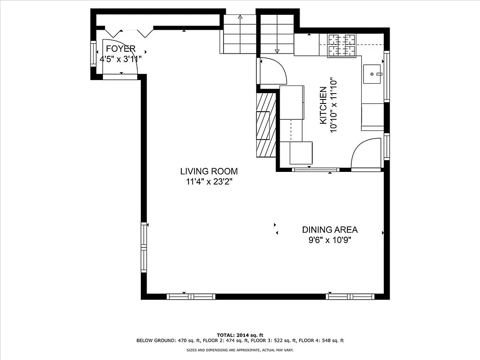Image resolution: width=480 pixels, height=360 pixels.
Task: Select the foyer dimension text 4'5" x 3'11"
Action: click(121, 58)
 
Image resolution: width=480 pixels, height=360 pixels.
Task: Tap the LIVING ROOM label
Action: click(209, 171)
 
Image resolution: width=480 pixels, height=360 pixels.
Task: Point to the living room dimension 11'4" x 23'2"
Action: click(209, 182)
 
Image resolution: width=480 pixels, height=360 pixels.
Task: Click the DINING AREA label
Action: click(330, 230)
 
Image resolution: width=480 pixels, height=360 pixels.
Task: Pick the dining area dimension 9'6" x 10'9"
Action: click(330, 240)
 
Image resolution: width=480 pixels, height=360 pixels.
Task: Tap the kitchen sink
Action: click(373, 73)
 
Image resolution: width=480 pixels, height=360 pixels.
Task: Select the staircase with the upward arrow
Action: click(240, 34)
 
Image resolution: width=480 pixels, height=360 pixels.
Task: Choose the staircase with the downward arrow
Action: click(277, 34)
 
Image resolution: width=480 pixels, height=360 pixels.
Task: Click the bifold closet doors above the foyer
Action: click(130, 32)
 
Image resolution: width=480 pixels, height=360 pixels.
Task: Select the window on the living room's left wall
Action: click(144, 247)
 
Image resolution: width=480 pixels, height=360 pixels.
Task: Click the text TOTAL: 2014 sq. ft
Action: click(240, 335)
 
